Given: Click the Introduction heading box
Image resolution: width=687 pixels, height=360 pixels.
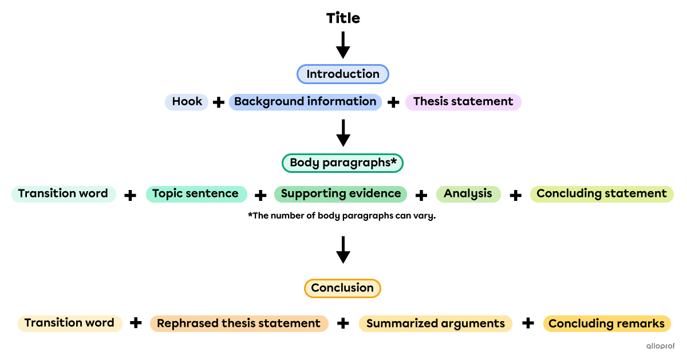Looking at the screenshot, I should pyautogui.click(x=342, y=74).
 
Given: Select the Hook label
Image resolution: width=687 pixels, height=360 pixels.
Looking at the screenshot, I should pyautogui.click(x=187, y=102).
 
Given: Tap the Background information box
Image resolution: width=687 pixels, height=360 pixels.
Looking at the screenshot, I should pyautogui.click(x=305, y=102).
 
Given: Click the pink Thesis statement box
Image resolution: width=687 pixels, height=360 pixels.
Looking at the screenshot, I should pyautogui.click(x=463, y=102).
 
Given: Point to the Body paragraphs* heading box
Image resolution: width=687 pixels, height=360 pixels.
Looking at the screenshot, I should pyautogui.click(x=342, y=163).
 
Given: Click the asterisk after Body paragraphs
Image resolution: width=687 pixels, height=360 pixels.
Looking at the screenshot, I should pyautogui.click(x=393, y=161).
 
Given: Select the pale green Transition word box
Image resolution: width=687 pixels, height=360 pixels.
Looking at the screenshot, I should pyautogui.click(x=64, y=194).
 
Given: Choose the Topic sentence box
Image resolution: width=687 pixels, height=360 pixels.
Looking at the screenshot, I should pyautogui.click(x=196, y=194).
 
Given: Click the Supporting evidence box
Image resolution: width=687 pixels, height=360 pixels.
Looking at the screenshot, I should pyautogui.click(x=341, y=194).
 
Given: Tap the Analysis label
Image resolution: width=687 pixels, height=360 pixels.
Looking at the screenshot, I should pyautogui.click(x=468, y=194).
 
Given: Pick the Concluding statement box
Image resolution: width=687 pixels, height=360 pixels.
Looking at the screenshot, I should pyautogui.click(x=602, y=194).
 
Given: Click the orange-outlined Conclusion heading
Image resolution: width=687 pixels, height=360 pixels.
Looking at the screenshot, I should pyautogui.click(x=342, y=288).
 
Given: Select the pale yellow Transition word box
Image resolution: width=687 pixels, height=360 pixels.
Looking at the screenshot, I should pyautogui.click(x=70, y=323).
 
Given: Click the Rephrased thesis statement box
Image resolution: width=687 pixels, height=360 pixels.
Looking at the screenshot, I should pyautogui.click(x=239, y=323).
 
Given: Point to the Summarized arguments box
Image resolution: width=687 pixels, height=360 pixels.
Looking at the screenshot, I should pyautogui.click(x=436, y=323).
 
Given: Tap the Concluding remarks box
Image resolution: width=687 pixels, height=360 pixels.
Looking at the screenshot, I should pyautogui.click(x=607, y=323).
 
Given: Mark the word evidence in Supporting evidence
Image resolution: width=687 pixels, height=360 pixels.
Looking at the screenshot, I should pyautogui.click(x=374, y=194).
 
